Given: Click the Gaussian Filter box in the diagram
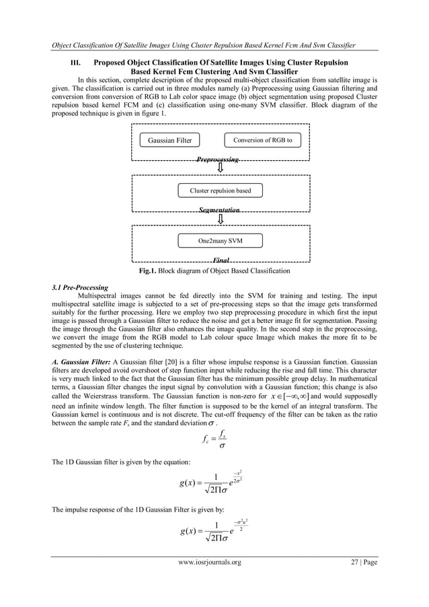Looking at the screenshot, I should click(x=170, y=141).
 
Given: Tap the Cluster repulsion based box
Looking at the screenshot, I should click(x=220, y=190).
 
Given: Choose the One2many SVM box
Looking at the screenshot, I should click(x=220, y=240).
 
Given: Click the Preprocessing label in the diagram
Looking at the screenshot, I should click(x=217, y=160).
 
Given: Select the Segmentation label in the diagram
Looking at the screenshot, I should click(x=219, y=211).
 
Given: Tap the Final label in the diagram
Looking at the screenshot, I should click(x=221, y=260).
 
